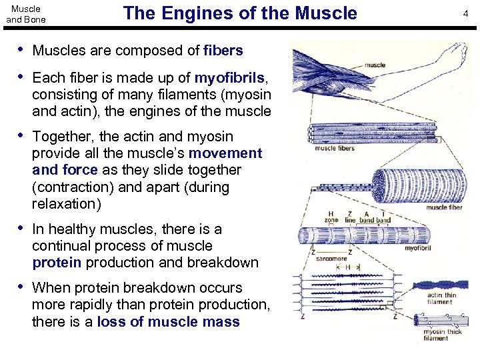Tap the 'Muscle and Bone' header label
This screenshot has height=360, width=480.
(x=26, y=14)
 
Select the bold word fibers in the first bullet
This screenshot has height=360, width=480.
(x=223, y=51)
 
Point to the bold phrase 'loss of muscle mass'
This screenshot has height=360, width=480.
(x=168, y=321)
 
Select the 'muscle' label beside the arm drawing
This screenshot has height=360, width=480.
(x=375, y=65)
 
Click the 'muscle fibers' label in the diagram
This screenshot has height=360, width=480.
(x=335, y=148)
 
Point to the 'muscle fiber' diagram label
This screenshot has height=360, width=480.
(x=444, y=207)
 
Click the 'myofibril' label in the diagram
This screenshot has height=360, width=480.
(x=421, y=248)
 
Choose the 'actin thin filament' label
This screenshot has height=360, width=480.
(x=442, y=299)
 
